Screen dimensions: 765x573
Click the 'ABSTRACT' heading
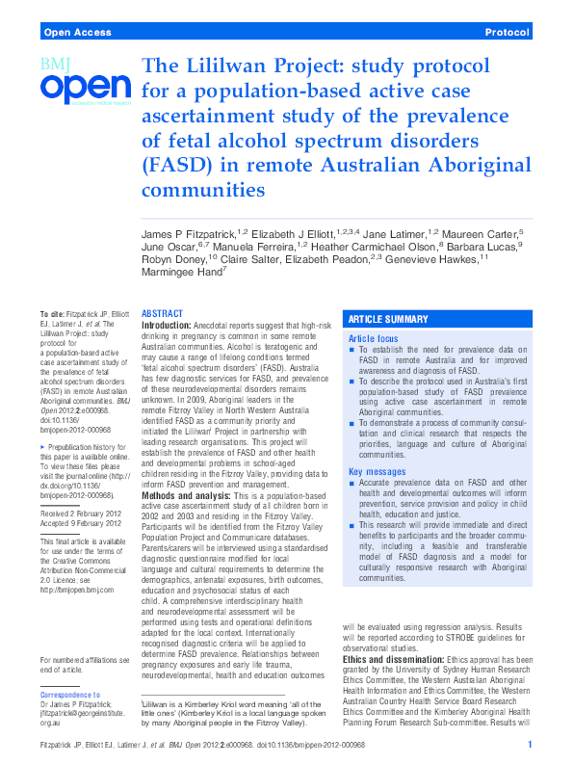pos(162,314)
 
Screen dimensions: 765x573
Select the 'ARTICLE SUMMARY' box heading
pos(388,319)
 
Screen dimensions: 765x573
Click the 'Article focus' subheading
pos(373,339)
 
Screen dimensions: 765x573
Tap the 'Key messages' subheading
pos(377,471)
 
